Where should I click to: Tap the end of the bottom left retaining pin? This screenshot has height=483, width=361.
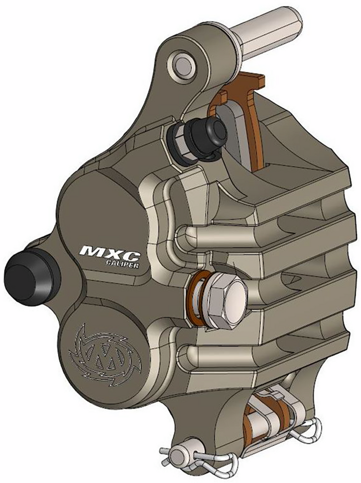coord(175,456)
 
